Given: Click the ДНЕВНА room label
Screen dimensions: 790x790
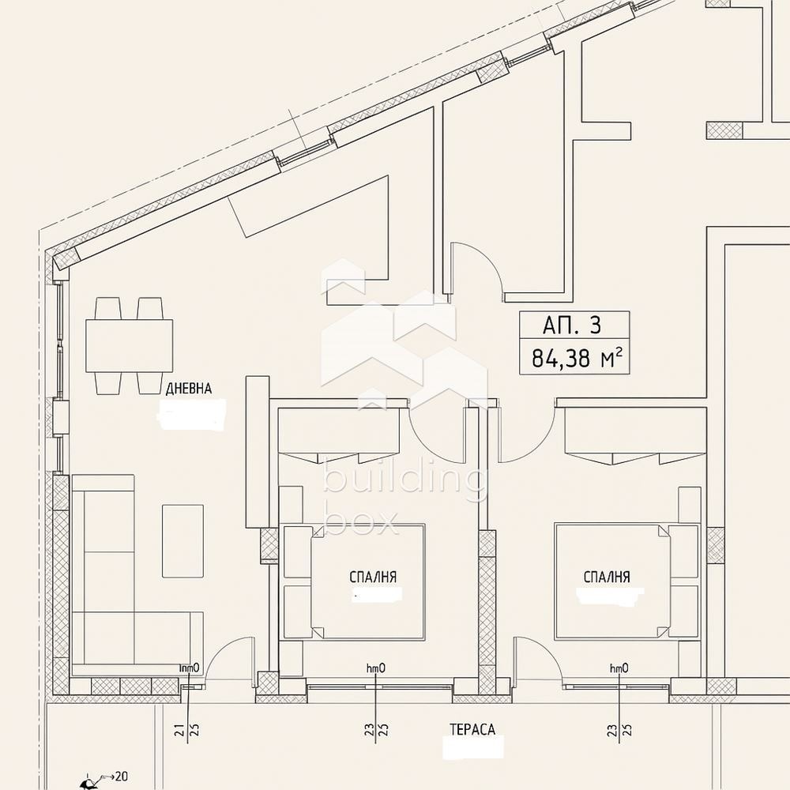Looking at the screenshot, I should pos(189,389).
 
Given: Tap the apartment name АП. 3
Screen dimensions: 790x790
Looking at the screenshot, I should pos(573,325).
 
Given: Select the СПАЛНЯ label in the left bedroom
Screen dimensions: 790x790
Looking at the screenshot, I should pos(372,577).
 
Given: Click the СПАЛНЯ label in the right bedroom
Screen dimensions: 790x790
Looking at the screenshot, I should pos(607,577).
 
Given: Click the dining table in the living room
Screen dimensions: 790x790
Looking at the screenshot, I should pos(129,344).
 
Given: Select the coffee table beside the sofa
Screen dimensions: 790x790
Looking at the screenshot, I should pos(182,540).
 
